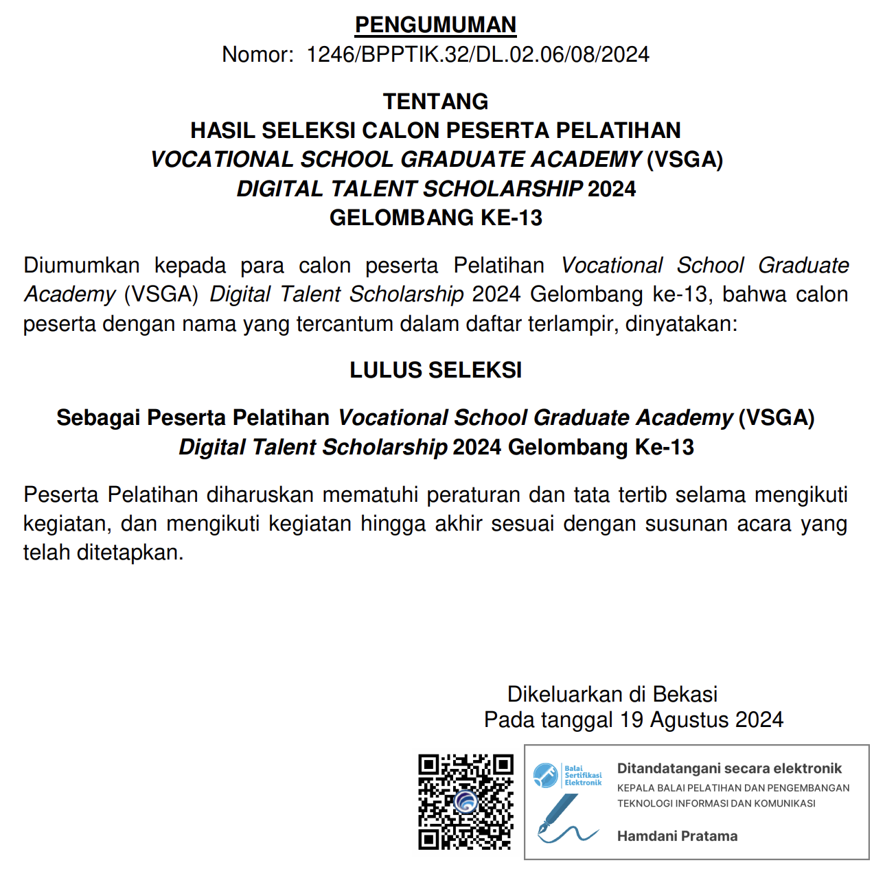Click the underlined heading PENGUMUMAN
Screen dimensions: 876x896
435,25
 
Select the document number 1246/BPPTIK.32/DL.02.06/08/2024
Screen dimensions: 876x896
478,54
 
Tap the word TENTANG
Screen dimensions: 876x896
435,102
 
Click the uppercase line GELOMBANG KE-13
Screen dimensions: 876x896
436,218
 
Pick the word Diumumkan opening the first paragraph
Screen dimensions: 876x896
82,265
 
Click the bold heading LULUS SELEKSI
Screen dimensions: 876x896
436,370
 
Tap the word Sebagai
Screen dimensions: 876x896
98,417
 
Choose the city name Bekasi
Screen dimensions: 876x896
685,694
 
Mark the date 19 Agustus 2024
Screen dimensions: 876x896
701,719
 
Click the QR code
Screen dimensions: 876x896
466,802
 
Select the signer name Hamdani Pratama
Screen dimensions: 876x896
677,836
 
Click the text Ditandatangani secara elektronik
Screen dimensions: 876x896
729,768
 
